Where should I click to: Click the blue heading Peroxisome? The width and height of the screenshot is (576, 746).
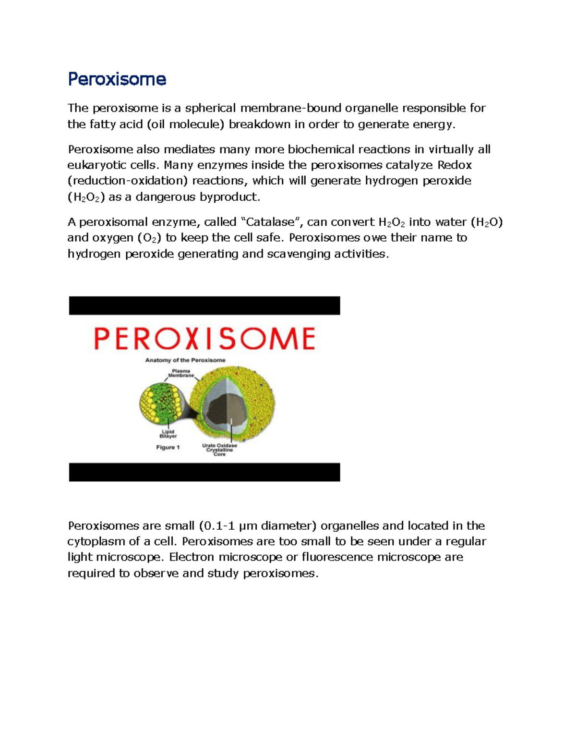(x=117, y=79)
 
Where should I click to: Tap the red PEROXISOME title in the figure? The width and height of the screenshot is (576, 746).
(x=204, y=339)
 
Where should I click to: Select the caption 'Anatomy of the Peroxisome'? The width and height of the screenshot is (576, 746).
(x=185, y=360)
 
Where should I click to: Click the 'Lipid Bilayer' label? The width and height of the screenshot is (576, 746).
(x=168, y=434)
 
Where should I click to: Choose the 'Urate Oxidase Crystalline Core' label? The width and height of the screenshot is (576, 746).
(x=219, y=450)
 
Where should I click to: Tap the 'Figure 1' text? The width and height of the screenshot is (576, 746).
(x=168, y=447)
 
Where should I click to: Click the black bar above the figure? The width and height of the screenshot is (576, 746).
(x=204, y=306)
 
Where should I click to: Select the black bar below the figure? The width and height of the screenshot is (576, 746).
(x=204, y=472)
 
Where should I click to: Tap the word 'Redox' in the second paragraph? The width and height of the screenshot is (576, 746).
(x=455, y=165)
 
